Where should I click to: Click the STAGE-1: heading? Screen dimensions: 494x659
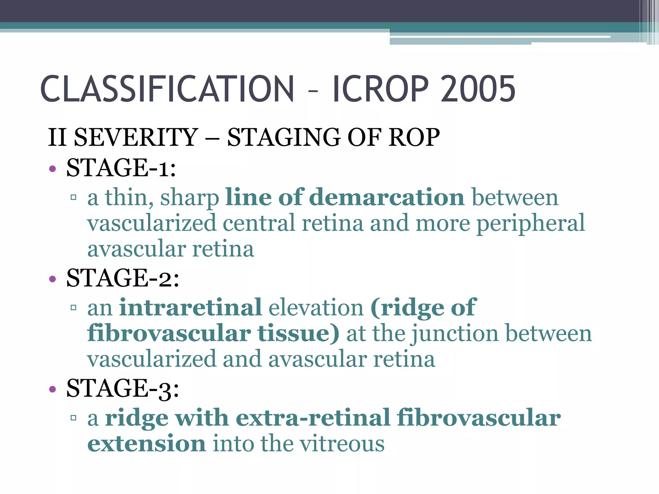121,168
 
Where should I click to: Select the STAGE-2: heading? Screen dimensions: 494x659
123,278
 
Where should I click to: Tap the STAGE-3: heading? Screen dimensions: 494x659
123,389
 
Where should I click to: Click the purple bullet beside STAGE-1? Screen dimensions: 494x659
52,169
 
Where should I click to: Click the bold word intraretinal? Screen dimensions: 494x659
190,307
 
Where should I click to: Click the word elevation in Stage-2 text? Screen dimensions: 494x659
316,307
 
